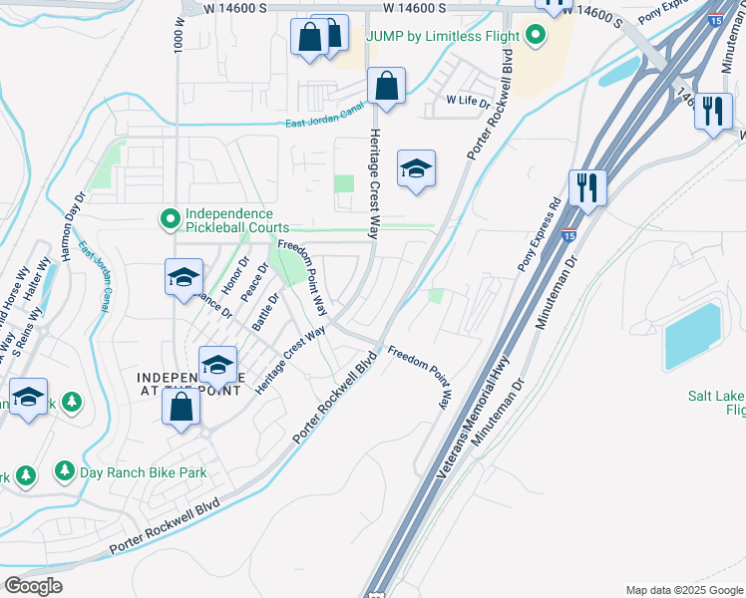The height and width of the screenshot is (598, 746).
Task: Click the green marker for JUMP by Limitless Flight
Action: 536,38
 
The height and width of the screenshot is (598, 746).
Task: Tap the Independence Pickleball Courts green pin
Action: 171,217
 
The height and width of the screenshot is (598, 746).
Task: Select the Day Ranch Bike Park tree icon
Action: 65,469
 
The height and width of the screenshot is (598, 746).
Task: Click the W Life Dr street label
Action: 469,101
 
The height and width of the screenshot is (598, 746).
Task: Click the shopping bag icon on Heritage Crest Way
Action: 386,86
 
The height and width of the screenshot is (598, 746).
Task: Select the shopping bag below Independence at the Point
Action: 181,408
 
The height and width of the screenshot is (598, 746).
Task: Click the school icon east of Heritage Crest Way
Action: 416,168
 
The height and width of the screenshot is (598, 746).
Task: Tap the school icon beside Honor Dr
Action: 184,278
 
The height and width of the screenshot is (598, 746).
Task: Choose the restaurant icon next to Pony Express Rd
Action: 587,187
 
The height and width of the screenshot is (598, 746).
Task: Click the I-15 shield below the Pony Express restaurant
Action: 568,235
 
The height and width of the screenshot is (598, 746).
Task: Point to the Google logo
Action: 34,585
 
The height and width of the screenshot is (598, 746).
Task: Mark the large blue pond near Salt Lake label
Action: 692,337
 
